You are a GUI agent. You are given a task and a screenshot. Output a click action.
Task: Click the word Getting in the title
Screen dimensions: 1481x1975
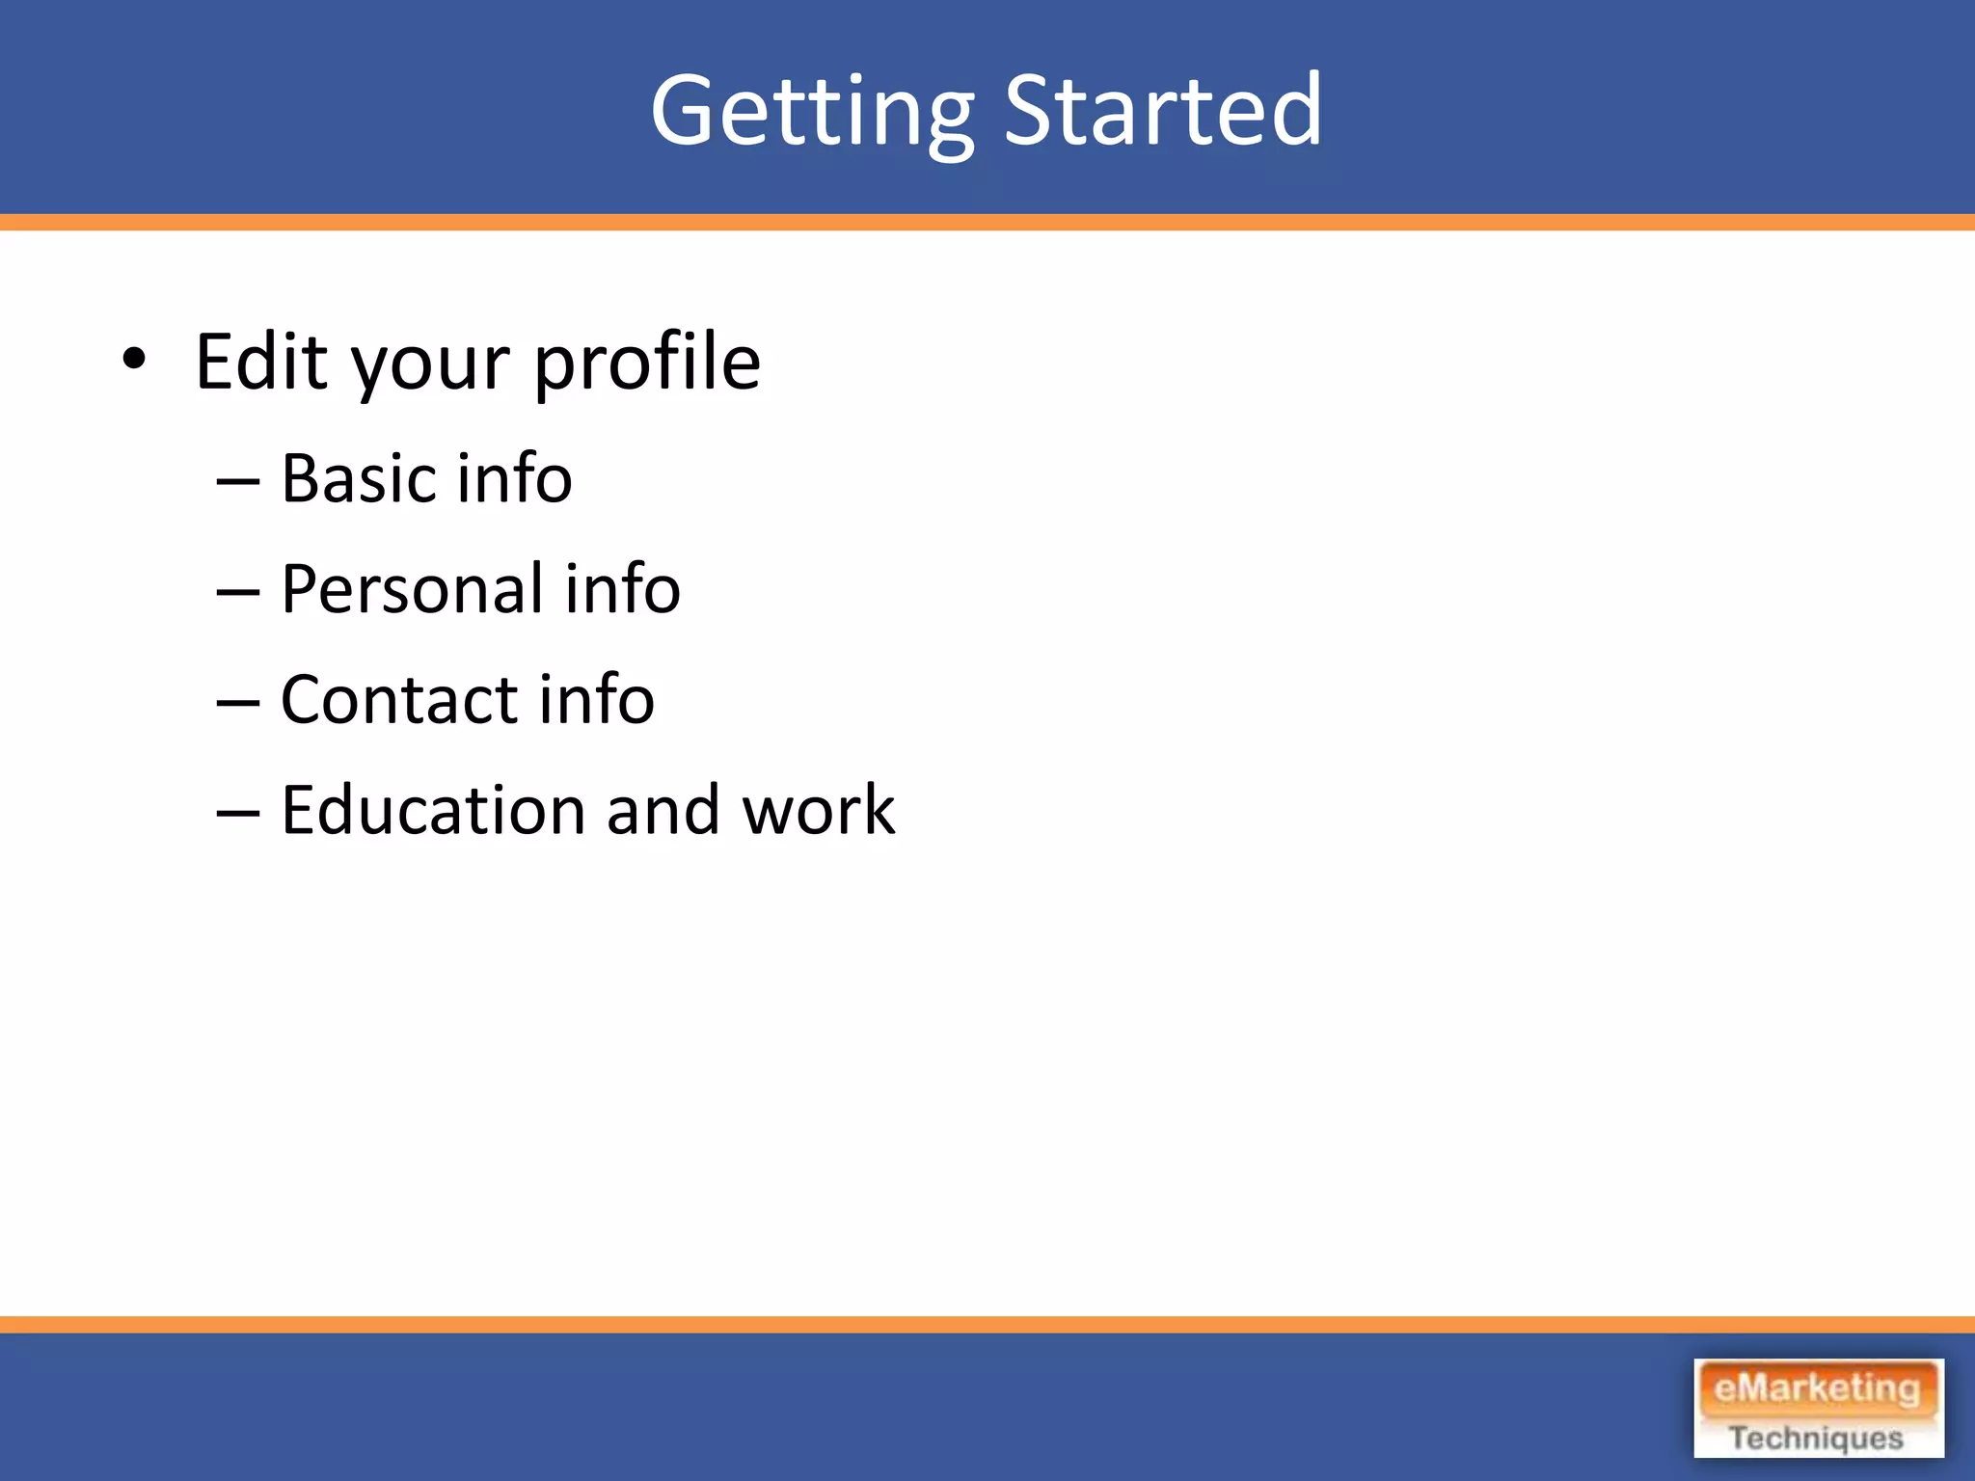812,113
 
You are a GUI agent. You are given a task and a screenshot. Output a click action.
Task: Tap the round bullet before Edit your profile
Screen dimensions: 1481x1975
134,361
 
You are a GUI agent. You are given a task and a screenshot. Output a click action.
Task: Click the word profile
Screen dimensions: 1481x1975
646,362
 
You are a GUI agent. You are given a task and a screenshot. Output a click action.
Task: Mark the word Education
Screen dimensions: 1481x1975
433,810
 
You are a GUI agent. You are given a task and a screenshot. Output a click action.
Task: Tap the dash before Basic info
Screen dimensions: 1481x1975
238,481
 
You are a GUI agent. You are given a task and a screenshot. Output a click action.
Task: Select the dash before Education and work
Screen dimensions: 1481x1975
238,813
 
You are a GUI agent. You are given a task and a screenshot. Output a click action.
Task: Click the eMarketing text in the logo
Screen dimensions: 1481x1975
1817,1388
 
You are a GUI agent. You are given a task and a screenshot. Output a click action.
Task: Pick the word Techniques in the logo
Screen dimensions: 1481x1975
1816,1438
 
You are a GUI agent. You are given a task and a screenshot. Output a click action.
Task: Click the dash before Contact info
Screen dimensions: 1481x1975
238,702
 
